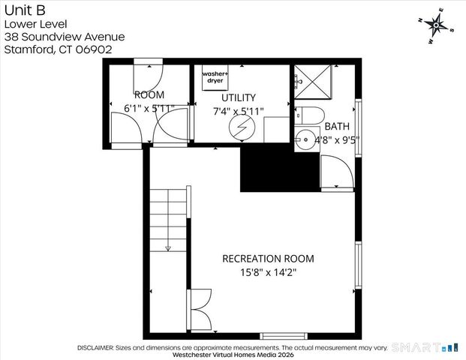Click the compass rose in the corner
point(436,25)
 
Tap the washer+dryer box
point(215,77)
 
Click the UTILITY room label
point(238,97)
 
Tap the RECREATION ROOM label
point(268,258)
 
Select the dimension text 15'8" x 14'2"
point(268,272)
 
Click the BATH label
point(337,126)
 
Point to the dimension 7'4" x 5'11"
point(239,110)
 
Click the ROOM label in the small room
point(149,94)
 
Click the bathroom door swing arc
point(335,172)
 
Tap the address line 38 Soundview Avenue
point(64,37)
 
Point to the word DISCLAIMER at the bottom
point(94,348)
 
